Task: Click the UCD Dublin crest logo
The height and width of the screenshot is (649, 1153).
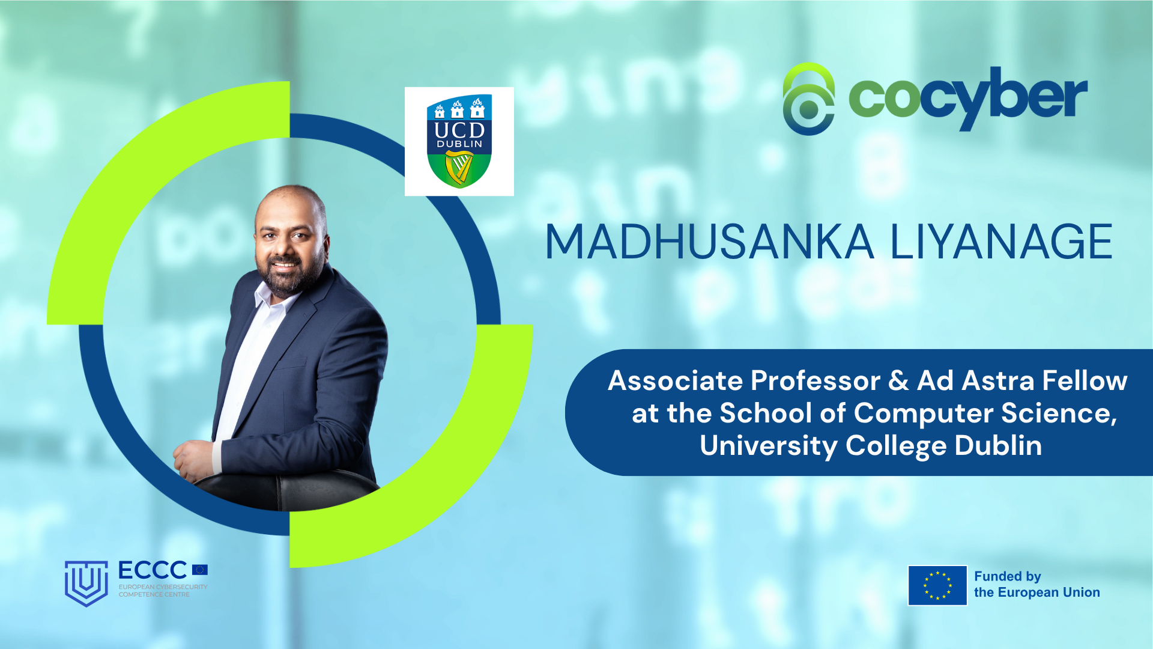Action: (459, 141)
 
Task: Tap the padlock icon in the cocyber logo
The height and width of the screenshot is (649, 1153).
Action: (809, 100)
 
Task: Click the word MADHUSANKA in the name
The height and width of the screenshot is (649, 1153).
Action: (709, 242)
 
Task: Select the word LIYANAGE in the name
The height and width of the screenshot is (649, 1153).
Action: (1001, 242)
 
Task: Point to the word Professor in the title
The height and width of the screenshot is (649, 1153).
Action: (815, 381)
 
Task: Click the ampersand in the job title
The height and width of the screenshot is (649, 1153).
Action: (898, 381)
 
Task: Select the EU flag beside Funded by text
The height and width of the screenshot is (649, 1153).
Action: (937, 585)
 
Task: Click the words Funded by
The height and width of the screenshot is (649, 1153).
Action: (1007, 576)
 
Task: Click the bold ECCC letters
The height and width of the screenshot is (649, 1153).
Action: (153, 570)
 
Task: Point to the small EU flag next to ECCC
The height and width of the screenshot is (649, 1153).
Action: (200, 570)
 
